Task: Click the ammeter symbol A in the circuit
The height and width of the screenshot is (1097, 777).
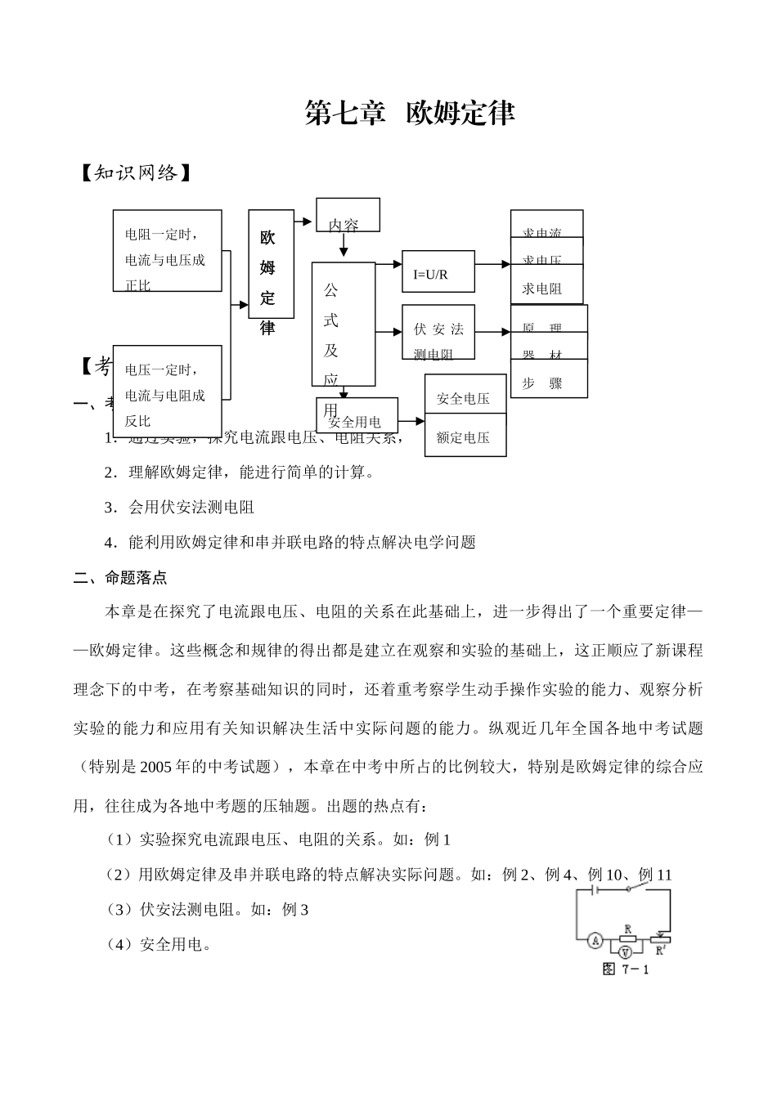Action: [595, 941]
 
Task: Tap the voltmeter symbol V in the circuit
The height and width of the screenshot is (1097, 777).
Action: [626, 952]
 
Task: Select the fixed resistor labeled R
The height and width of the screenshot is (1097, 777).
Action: [627, 938]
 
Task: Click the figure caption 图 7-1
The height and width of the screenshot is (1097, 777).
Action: [625, 969]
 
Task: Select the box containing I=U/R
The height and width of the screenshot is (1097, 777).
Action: [438, 274]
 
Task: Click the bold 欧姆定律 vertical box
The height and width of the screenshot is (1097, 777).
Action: [267, 264]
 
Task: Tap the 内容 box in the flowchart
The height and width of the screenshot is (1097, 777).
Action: [348, 215]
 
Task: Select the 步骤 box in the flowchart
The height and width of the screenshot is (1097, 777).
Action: [548, 383]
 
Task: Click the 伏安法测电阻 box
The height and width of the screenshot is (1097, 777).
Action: [438, 333]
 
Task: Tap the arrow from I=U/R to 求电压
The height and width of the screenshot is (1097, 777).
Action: [492, 265]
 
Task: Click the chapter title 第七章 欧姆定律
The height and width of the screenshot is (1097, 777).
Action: [410, 113]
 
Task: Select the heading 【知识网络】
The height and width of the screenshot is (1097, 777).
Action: [136, 173]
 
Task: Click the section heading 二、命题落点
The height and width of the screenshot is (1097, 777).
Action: [120, 578]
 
